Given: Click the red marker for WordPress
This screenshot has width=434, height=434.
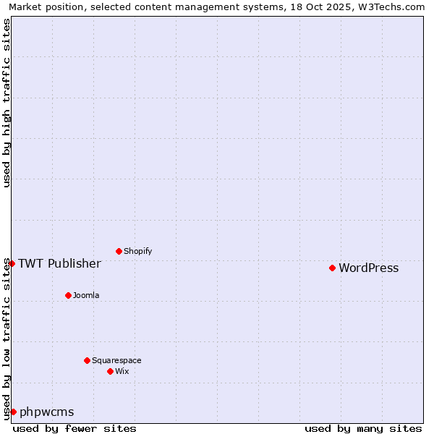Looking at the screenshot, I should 332,268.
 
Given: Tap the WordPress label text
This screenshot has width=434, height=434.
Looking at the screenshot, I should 368,268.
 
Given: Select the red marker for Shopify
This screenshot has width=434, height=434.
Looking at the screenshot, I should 119,251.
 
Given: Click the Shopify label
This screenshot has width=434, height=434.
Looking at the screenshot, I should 137,252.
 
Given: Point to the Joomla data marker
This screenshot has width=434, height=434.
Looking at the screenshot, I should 68,295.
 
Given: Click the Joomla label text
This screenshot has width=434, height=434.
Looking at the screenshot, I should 86,296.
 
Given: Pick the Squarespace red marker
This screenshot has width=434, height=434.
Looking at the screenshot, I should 87,360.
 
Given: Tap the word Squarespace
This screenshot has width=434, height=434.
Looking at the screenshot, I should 116,361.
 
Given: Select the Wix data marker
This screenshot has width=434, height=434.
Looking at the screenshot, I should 110,371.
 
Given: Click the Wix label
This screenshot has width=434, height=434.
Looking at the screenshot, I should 122,372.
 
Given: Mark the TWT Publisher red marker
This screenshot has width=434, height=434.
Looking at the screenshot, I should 12,263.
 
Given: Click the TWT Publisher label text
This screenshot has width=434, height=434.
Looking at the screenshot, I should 59,263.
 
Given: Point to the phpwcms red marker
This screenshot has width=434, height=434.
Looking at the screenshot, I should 13,412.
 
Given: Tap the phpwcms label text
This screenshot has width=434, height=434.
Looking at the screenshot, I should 46,412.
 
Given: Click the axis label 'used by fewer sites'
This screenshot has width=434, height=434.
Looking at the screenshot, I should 75,428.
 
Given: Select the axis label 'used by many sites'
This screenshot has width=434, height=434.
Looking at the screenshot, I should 363,428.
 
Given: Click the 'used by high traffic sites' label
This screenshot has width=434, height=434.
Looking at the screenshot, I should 7,103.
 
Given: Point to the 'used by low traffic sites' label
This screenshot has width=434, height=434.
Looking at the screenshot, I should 7,339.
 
